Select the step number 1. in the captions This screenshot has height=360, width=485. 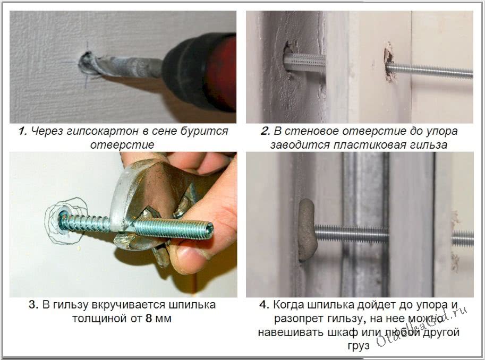tap(23, 131)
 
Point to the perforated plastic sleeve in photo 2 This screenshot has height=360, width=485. tap(305, 63)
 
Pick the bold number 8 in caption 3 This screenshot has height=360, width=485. tap(149, 319)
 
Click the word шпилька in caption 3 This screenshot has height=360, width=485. tap(192, 305)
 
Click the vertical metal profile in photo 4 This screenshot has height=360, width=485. tap(365, 224)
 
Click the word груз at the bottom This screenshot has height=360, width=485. tap(359, 346)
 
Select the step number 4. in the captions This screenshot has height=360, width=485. tap(264, 304)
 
